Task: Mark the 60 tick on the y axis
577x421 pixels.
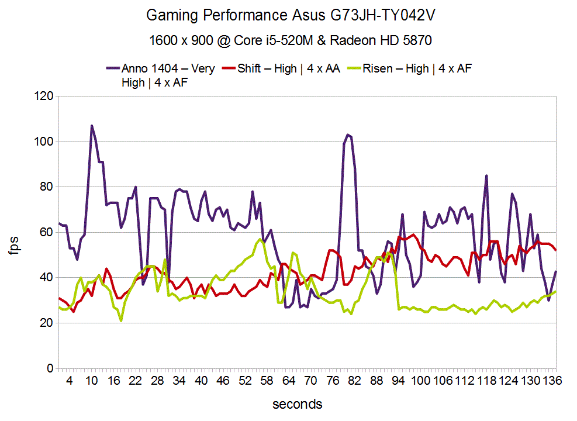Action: click(47, 233)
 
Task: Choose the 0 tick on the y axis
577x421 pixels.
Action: click(50, 368)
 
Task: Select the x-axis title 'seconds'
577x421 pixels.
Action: click(297, 404)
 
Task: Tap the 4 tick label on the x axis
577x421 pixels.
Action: click(70, 381)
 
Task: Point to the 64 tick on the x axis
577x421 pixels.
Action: click(289, 381)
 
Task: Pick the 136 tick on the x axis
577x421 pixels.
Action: click(552, 381)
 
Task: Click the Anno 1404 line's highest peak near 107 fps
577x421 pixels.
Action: click(92, 126)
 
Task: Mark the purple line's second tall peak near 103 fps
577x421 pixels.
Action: click(347, 135)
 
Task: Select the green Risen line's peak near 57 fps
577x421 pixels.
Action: click(260, 239)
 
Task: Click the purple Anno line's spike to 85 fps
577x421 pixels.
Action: click(486, 175)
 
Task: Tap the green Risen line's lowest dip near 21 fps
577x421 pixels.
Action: click(121, 320)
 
